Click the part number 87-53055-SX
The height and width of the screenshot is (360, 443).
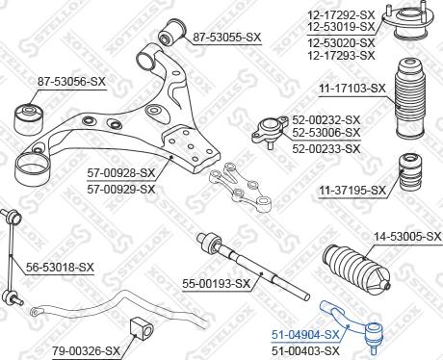pos(226,38)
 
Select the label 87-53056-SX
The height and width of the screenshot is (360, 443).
pos(71,82)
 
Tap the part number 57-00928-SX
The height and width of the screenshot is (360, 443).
pos(120,173)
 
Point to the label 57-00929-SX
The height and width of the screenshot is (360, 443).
pos(120,188)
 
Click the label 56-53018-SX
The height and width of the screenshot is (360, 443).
pos(61,267)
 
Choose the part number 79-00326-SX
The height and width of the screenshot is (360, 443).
pos(86,349)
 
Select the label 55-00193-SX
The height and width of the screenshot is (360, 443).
pos(216,283)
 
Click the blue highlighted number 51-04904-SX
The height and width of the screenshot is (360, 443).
pos(305,334)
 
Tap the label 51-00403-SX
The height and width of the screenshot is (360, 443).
pos(305,350)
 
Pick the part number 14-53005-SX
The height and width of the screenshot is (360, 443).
pos(406,236)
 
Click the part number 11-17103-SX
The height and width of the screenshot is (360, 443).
pos(352,88)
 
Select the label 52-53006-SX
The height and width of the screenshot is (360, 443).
pos(326,132)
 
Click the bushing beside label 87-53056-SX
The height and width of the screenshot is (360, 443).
pos(28,116)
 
